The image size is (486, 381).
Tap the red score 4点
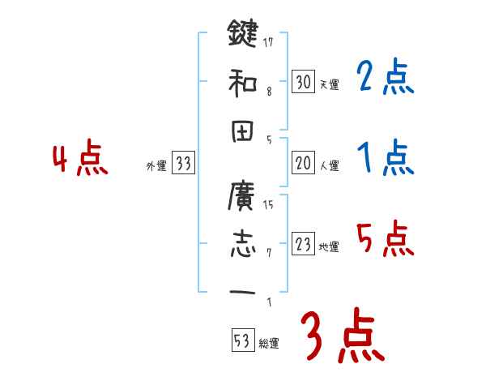pyautogui.click(x=79, y=159)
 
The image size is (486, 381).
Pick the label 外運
pyautogui.click(x=156, y=166)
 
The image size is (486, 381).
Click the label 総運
pyautogui.click(x=269, y=343)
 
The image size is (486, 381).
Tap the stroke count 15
pyautogui.click(x=268, y=203)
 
